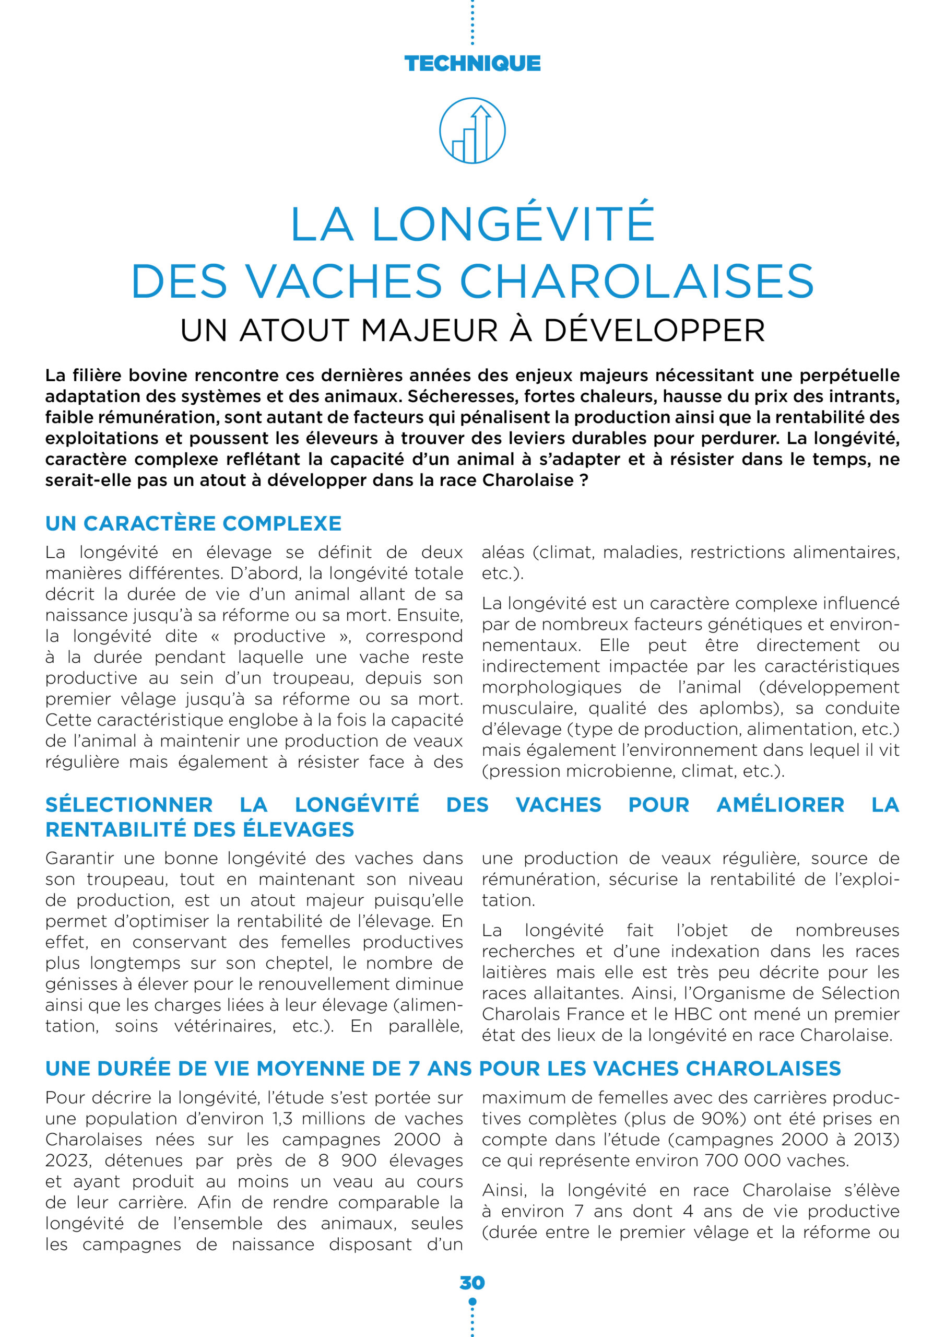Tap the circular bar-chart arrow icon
point(472,131)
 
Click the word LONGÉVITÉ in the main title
point(513,223)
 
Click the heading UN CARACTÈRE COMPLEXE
point(193,523)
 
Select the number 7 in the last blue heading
point(414,1069)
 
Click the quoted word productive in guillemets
point(279,636)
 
